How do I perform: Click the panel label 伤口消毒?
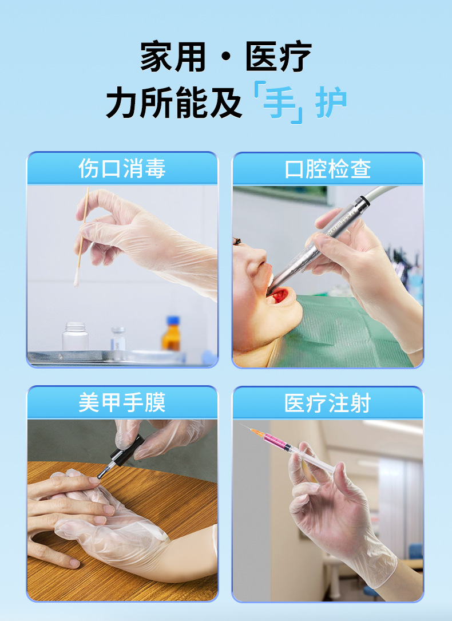click(x=122, y=169)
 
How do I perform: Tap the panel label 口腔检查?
click(x=327, y=169)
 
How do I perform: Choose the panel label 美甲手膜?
click(x=122, y=402)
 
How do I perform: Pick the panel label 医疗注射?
click(x=327, y=403)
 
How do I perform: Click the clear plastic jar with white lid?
click(x=76, y=336)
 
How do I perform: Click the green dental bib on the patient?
click(x=343, y=332)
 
